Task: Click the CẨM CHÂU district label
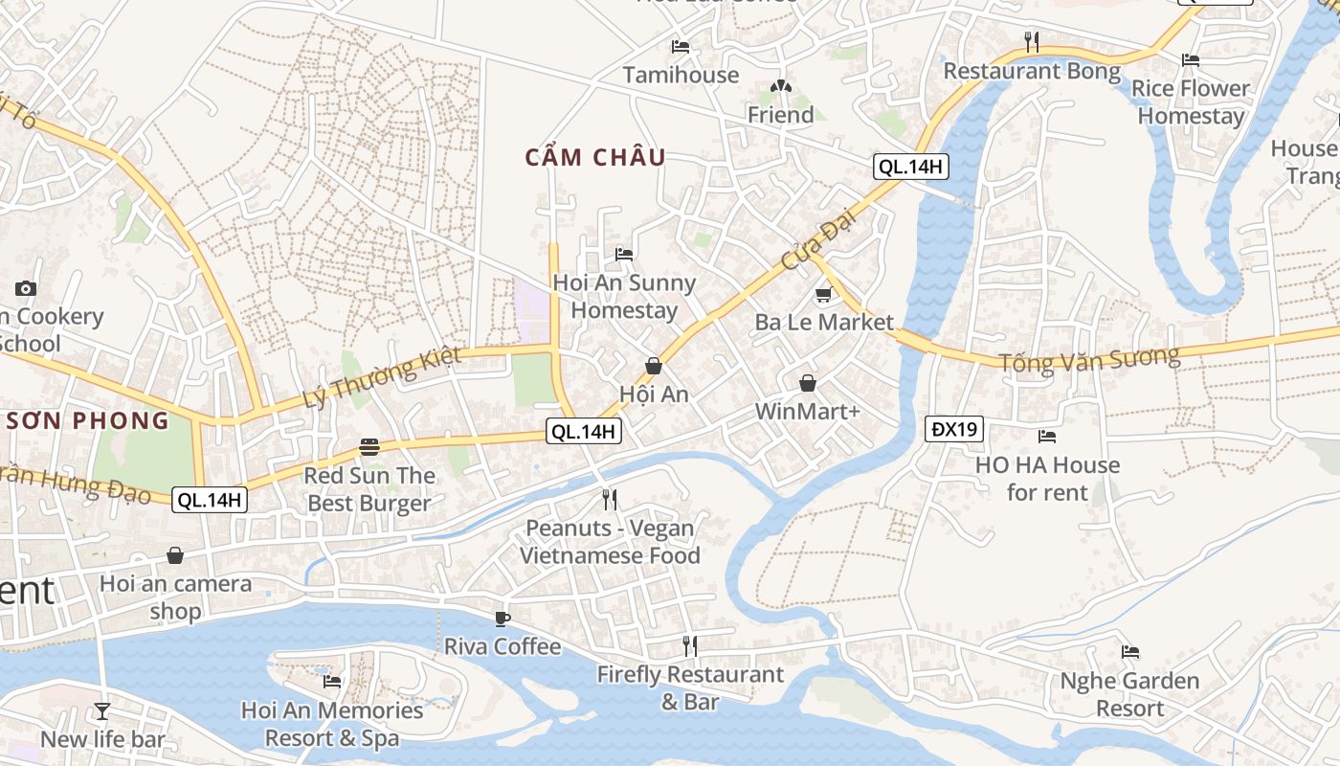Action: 595,158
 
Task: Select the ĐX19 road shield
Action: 954,429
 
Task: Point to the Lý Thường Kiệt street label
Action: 382,376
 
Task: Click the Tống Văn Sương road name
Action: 1089,360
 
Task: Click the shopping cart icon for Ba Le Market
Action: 823,294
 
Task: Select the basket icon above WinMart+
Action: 808,383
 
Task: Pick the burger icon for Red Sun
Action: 369,447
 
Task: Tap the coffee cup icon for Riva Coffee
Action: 502,619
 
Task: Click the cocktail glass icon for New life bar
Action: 102,710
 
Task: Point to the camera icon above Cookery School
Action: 26,288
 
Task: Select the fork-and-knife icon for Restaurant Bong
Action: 1032,41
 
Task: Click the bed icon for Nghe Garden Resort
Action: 1130,652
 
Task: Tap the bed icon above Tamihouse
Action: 681,46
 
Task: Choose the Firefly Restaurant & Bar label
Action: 690,687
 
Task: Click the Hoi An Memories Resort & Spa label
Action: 332,724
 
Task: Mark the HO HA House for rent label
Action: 1047,479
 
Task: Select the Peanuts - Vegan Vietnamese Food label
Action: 610,542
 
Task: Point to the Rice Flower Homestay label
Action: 1191,101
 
